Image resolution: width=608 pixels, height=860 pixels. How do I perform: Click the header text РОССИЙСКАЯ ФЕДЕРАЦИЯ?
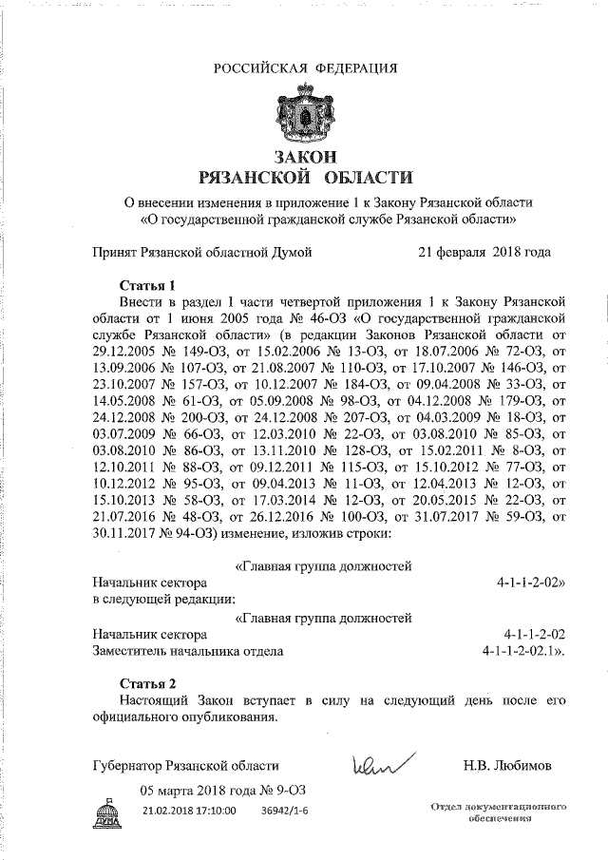coord(304,67)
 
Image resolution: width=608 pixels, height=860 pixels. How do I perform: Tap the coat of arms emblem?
coord(304,114)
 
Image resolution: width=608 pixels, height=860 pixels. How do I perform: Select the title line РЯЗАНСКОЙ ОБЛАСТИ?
coord(304,177)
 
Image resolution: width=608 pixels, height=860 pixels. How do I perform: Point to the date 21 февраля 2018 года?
coord(484,253)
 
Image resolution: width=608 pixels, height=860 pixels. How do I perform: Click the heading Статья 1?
coord(149,285)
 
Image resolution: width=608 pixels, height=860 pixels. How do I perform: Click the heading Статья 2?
coord(149,683)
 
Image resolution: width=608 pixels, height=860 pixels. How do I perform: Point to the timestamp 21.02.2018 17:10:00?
coord(189,810)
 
